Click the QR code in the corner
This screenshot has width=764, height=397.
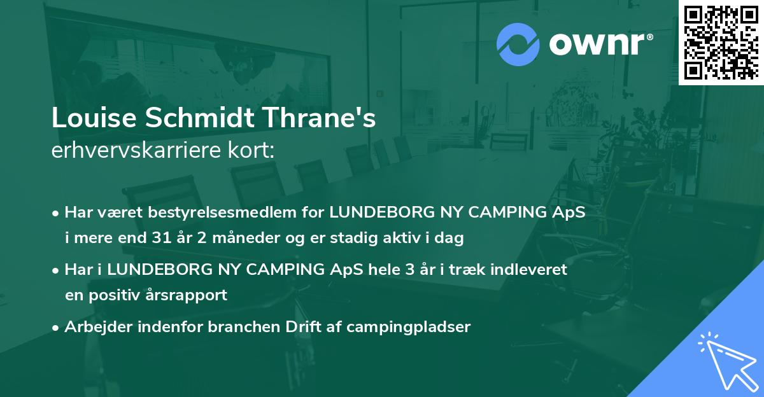click(721, 42)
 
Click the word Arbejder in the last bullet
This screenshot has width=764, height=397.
click(94, 327)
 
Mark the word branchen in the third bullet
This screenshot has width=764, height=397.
click(232, 327)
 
